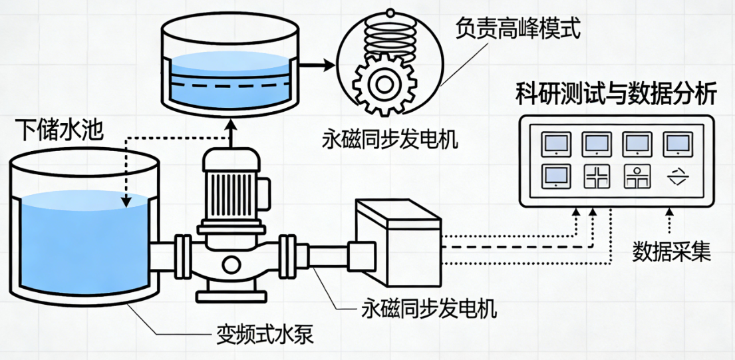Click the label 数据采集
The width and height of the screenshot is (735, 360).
[671, 252]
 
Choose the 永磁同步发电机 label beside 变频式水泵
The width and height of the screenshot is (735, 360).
[429, 309]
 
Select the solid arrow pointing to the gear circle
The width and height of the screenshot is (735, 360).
[319, 66]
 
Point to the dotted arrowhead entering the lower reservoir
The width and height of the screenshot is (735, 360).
[126, 200]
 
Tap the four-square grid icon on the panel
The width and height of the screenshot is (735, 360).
[596, 176]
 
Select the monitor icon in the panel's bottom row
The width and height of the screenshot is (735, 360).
[555, 175]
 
